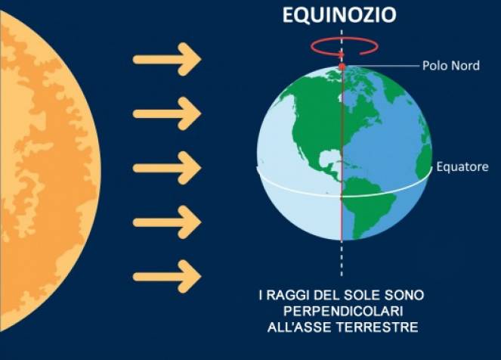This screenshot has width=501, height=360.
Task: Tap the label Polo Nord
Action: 450,67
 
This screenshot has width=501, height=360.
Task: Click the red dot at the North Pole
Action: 342,67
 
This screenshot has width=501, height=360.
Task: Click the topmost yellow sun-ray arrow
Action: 167,61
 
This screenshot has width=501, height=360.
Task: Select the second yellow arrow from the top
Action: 167,114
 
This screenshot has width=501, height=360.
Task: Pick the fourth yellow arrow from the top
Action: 167,222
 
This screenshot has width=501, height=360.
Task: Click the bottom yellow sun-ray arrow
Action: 167,274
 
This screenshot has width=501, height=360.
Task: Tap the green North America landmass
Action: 310,113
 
